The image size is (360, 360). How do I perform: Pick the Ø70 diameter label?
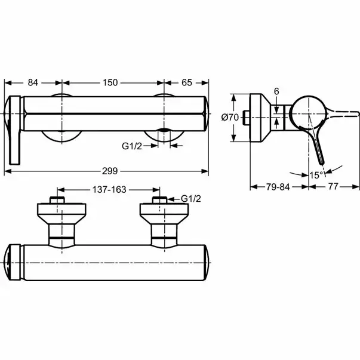(x=230, y=118)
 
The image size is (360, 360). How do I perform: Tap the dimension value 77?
(x=334, y=187)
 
